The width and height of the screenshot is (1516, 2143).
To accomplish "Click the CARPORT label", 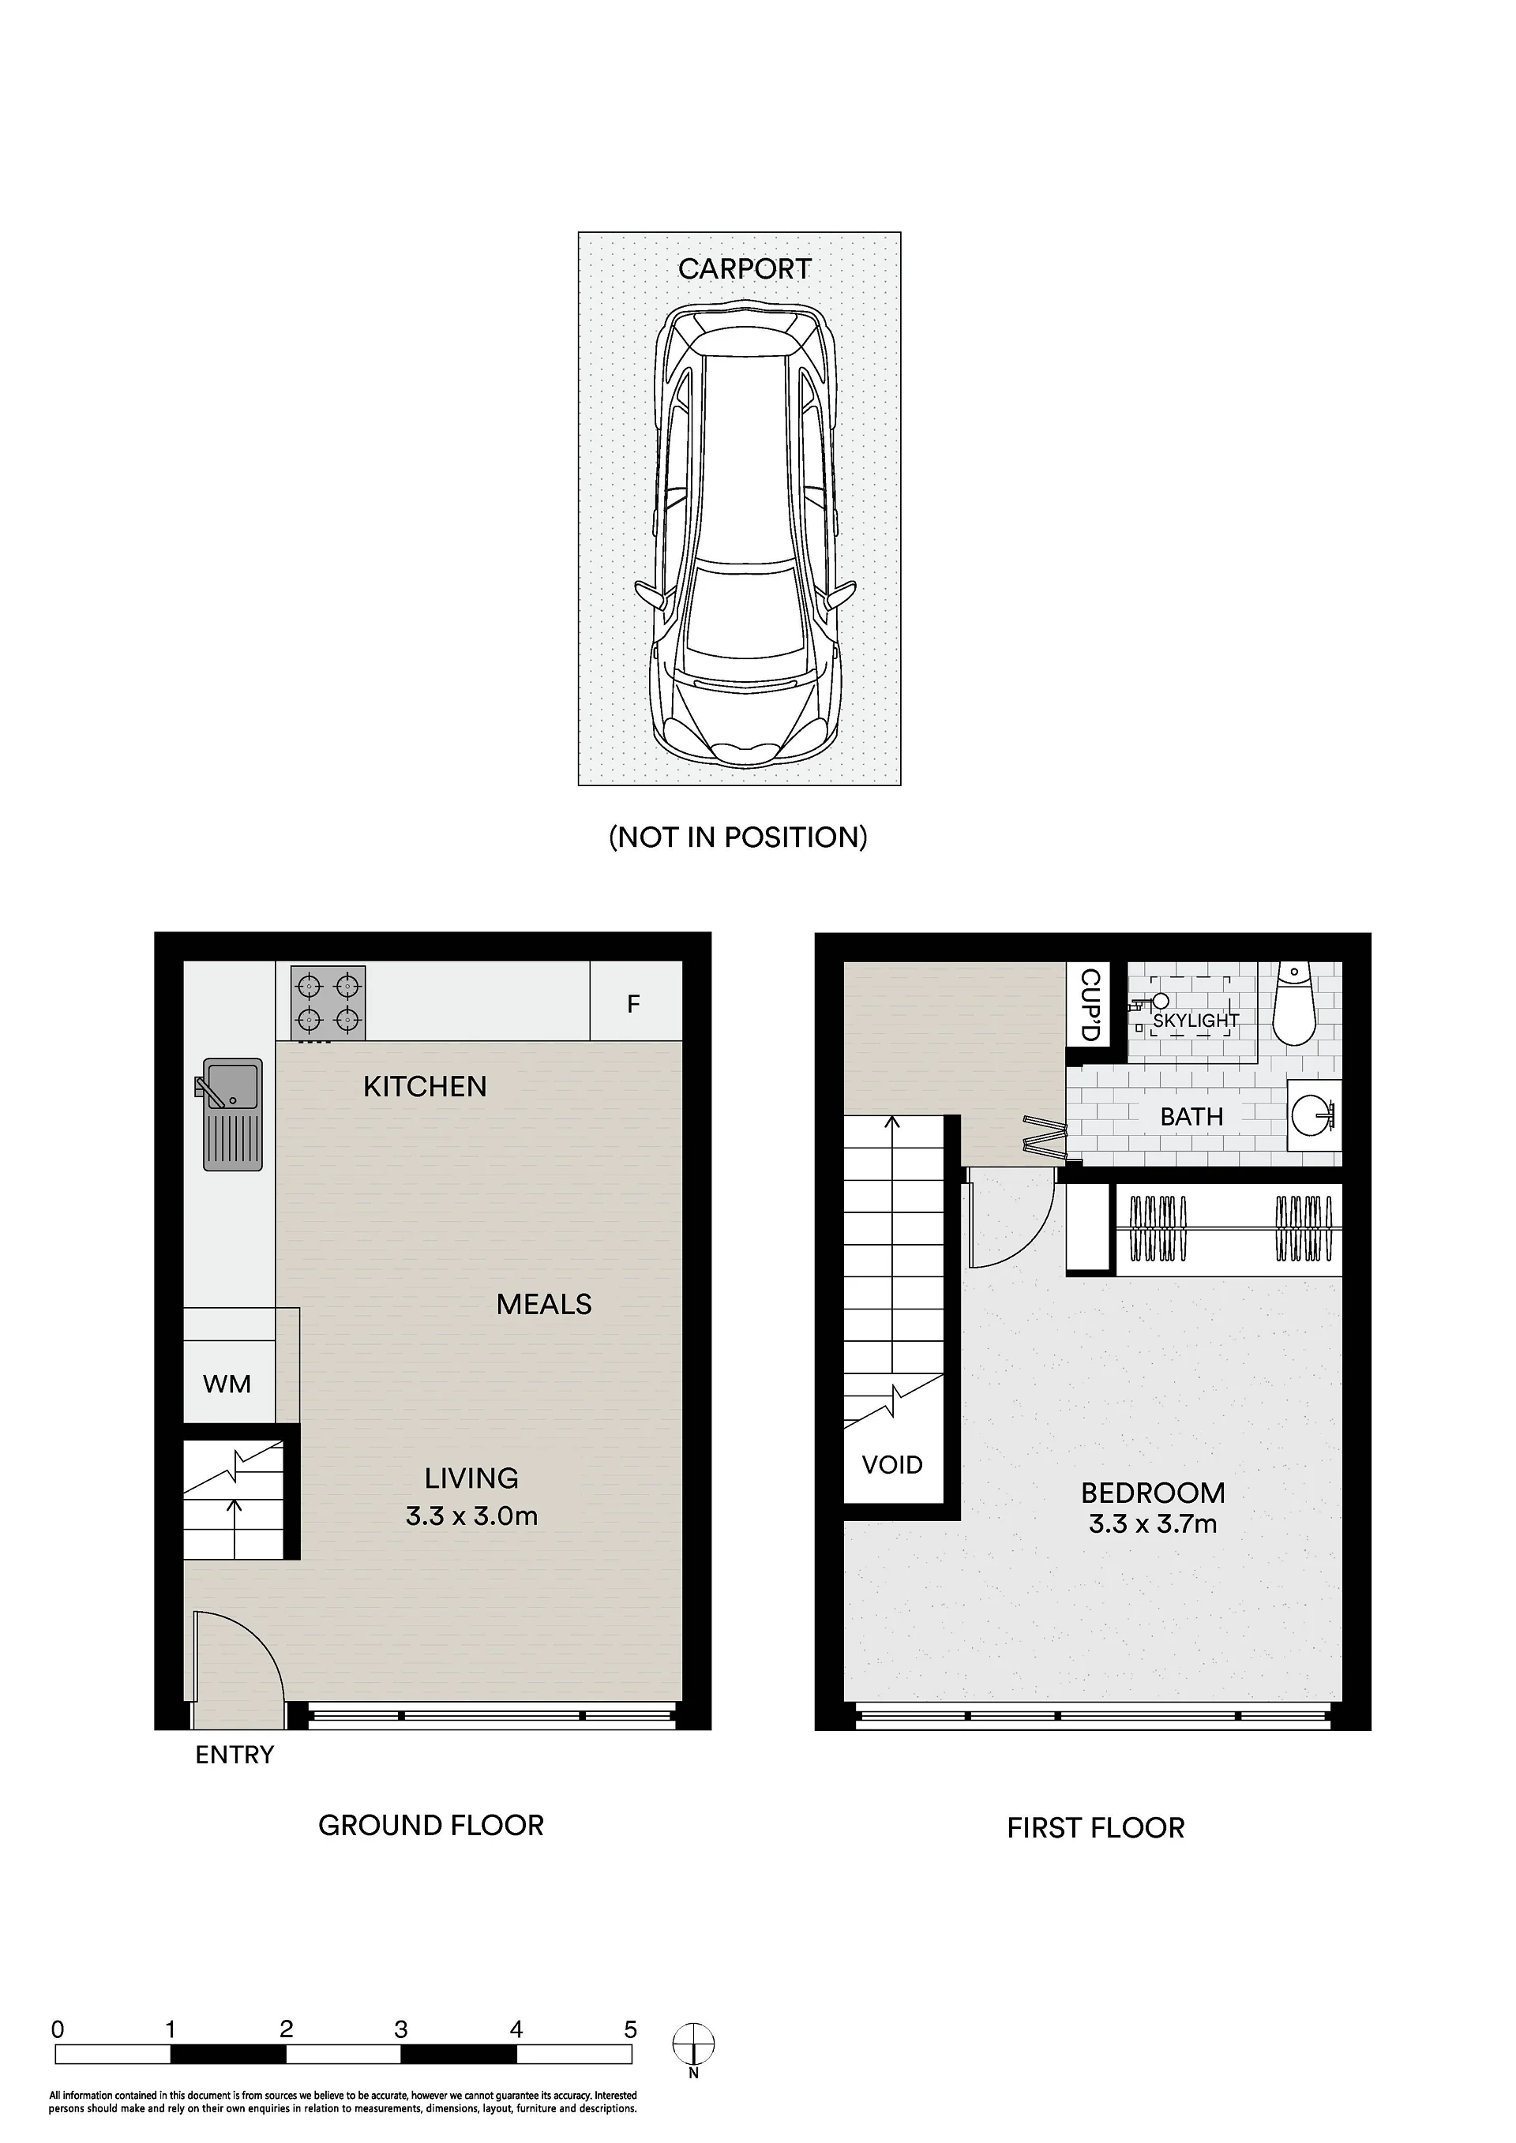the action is click(x=744, y=269).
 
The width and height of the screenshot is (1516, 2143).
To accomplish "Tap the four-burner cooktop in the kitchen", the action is click(x=328, y=1003).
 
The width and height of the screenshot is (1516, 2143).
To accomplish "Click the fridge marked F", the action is click(x=636, y=1002).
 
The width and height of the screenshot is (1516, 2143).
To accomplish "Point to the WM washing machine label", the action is click(x=227, y=1384).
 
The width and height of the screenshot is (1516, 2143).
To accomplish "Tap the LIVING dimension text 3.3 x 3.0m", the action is click(x=471, y=1515).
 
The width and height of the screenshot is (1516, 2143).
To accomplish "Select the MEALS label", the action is click(x=544, y=1304).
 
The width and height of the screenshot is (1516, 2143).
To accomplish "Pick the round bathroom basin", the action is click(x=1315, y=1115).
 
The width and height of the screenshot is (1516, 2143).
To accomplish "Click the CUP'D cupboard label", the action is click(x=1090, y=1006).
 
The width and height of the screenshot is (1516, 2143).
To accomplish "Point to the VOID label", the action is click(x=892, y=1464).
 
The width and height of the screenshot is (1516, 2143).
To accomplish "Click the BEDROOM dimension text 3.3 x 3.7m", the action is click(x=1153, y=1524).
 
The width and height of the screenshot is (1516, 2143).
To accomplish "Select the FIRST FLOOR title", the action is click(x=1096, y=1827).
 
